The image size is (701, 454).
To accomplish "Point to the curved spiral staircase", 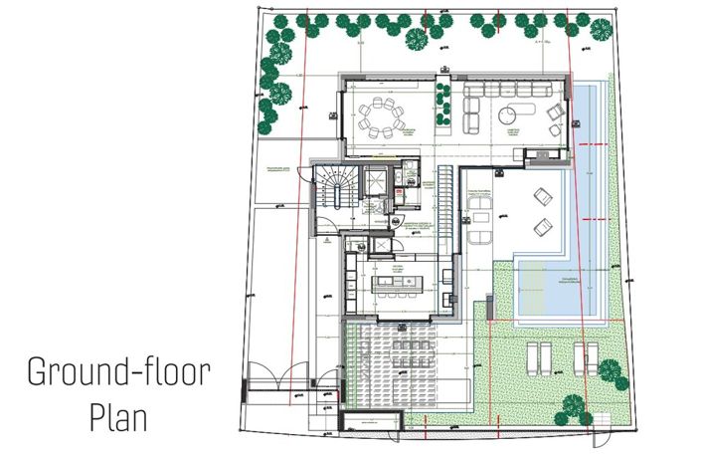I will pos(335,189).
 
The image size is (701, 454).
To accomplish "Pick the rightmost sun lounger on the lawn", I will pos(592,353).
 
